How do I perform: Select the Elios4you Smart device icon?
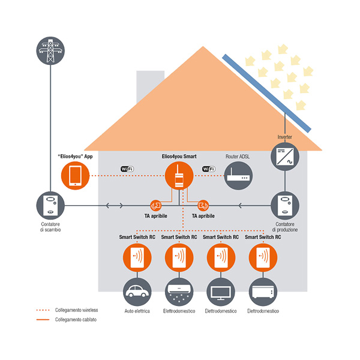[x=179, y=176]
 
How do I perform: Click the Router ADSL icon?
[x=239, y=176]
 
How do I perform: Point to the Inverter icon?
[x=285, y=157]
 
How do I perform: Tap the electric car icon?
[x=137, y=293]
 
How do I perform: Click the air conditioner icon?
[x=179, y=293]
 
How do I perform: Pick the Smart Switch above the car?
[x=137, y=257]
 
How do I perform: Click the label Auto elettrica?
[x=137, y=311]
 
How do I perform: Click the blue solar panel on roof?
[x=267, y=94]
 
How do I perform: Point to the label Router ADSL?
[x=239, y=155]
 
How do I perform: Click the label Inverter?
[x=285, y=137]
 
